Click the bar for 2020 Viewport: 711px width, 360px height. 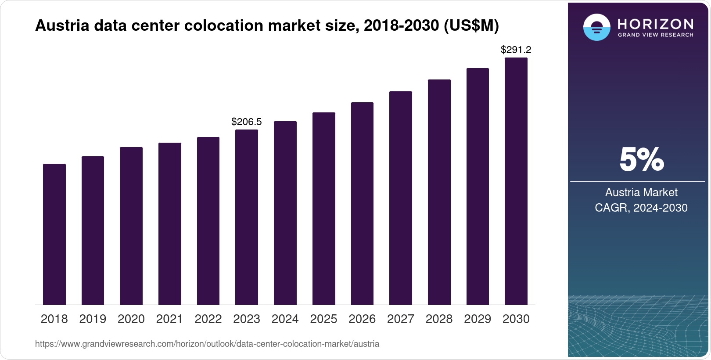pyautogui.click(x=131, y=226)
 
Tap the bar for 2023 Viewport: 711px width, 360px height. pyautogui.click(x=247, y=217)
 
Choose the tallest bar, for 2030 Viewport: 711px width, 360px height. pyautogui.click(x=516, y=181)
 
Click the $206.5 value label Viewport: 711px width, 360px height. pyautogui.click(x=247, y=122)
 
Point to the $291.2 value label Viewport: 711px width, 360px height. pyautogui.click(x=516, y=50)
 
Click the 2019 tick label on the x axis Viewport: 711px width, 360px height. pyautogui.click(x=93, y=319)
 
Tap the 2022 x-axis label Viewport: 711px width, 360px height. pyautogui.click(x=208, y=319)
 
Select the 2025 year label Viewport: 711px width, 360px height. pyautogui.click(x=323, y=319)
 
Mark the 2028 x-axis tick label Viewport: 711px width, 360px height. pyautogui.click(x=439, y=319)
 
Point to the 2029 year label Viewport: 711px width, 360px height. pyautogui.click(x=478, y=319)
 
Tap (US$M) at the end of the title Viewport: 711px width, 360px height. pyautogui.click(x=471, y=26)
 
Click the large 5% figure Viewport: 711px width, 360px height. pyautogui.click(x=641, y=160)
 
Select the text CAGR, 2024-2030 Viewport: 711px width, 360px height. pyautogui.click(x=641, y=208)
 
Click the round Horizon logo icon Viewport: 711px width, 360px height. pyautogui.click(x=596, y=27)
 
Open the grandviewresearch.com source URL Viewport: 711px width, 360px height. pyautogui.click(x=207, y=344)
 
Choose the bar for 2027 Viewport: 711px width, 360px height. pyautogui.click(x=401, y=198)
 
